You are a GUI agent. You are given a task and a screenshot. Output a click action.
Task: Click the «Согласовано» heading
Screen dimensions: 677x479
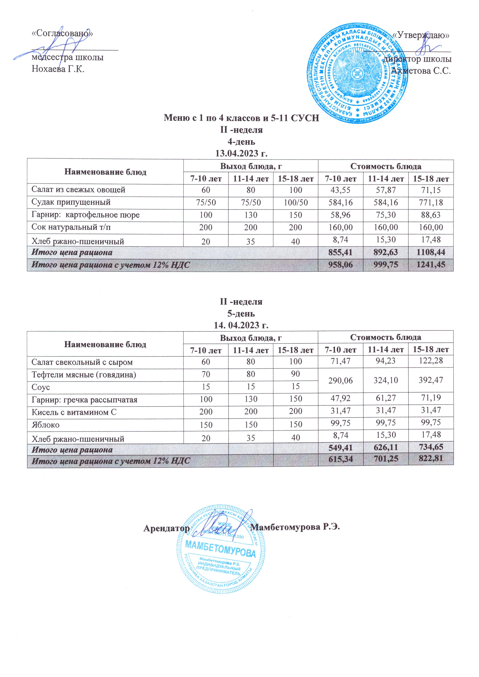[x=62, y=33]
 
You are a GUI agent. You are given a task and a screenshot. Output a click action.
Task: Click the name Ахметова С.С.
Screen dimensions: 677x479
[x=421, y=71]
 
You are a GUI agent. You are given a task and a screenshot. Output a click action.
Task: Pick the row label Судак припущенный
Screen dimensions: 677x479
[x=71, y=202]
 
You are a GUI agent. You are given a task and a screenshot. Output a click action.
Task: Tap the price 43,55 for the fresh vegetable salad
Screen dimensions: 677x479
[x=341, y=190]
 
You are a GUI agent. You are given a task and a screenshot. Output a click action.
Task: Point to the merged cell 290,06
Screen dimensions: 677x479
[x=341, y=380]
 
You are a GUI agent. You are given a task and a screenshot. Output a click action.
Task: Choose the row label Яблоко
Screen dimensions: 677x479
[x=45, y=425]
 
